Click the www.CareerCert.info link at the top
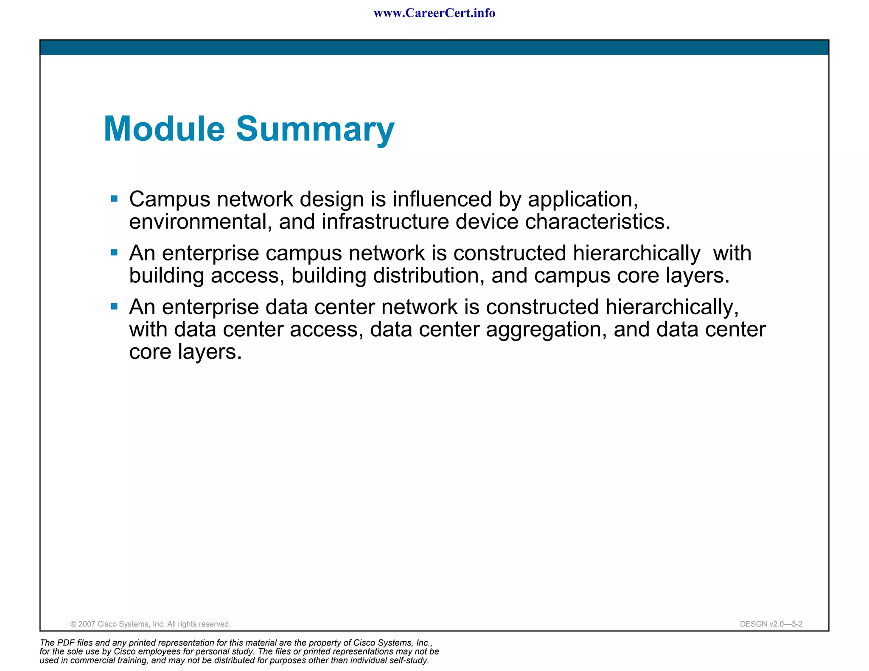434,13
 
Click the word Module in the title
164,129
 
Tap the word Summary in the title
315,130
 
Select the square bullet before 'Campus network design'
114,199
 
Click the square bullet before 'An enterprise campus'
114,252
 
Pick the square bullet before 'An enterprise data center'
114,306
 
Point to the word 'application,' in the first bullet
583,200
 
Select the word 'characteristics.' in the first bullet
597,222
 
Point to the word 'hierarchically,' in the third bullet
672,308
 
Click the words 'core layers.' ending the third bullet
185,352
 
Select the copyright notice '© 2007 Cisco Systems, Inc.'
150,624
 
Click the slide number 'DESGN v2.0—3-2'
771,624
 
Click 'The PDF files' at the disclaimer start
65,643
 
